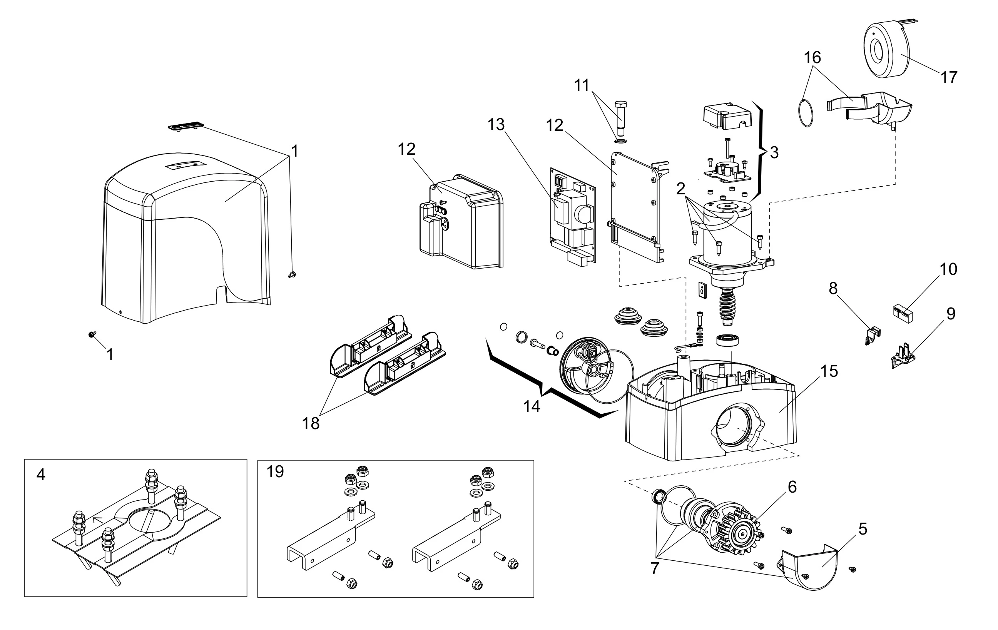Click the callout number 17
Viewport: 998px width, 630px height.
(x=949, y=77)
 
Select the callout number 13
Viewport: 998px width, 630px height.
(x=496, y=124)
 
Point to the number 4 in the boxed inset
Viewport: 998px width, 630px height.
(x=41, y=474)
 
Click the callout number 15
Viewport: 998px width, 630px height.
(x=829, y=371)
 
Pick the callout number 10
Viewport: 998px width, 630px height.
(x=948, y=269)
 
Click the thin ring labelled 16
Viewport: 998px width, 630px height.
(x=805, y=113)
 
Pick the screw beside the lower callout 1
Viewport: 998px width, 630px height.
(x=92, y=334)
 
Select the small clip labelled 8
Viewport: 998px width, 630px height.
(x=873, y=335)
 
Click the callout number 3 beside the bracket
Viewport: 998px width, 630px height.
(x=774, y=152)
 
